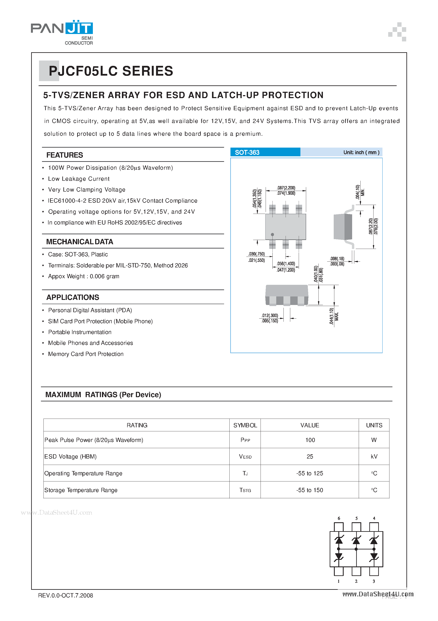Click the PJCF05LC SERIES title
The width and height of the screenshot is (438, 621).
click(111, 71)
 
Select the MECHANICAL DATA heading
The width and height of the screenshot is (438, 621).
click(80, 241)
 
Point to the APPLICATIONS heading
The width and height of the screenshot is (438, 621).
click(73, 297)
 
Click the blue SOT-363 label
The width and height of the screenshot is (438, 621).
click(247, 152)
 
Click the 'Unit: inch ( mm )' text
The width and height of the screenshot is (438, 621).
click(361, 152)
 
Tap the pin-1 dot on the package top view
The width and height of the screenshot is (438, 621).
click(272, 234)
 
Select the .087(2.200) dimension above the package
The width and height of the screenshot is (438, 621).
click(286, 188)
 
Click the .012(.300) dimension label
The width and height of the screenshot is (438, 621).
click(269, 315)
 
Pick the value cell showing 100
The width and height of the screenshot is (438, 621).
click(310, 440)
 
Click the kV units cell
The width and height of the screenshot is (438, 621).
click(374, 457)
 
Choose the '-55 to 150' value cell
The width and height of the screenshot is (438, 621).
click(310, 490)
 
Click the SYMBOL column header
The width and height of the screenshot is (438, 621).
click(245, 425)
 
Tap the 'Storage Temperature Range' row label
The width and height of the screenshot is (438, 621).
click(81, 490)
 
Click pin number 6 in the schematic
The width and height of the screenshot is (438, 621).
click(339, 518)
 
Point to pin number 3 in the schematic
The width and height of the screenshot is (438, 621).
click(374, 581)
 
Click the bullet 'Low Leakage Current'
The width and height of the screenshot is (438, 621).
click(79, 179)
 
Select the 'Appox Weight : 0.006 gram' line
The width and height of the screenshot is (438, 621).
click(84, 276)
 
